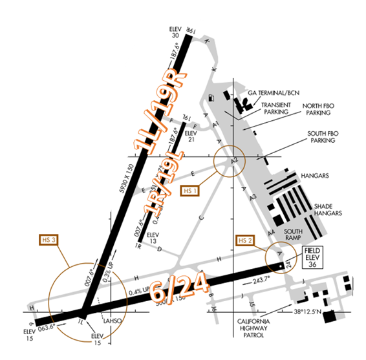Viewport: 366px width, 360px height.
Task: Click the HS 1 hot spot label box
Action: [189, 191]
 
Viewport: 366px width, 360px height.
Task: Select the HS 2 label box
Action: [243, 240]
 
